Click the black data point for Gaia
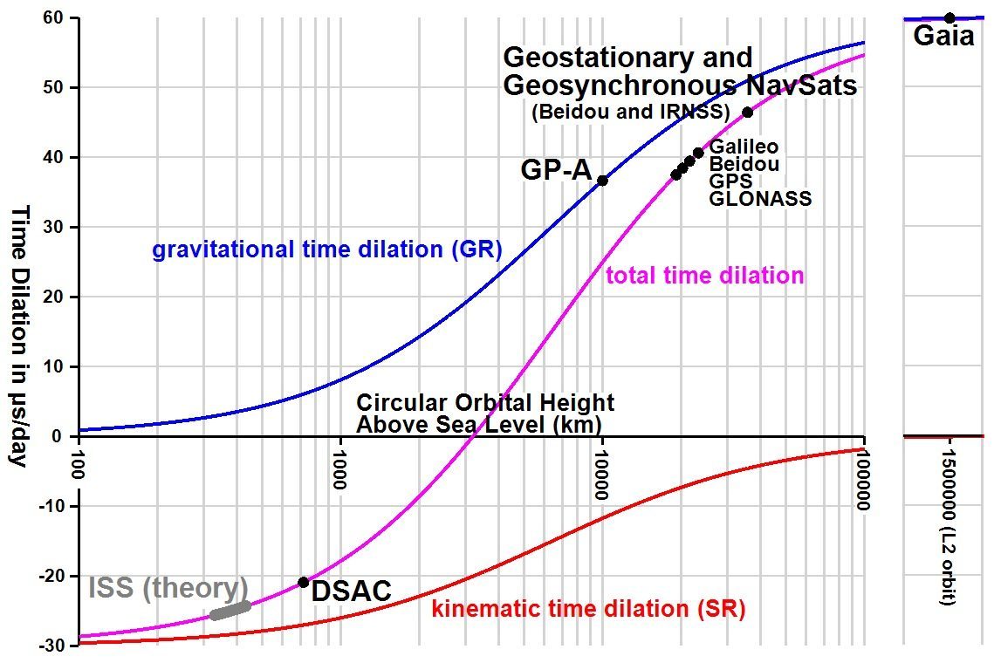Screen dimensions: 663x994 [949, 17]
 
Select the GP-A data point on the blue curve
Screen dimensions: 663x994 [602, 180]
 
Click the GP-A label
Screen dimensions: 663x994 [557, 171]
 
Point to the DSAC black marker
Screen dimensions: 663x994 [303, 582]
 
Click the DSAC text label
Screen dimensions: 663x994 [351, 591]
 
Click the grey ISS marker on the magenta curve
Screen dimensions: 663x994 [230, 610]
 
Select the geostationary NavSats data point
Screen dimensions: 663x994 [747, 112]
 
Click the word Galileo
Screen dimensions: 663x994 [744, 147]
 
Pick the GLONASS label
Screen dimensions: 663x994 [760, 199]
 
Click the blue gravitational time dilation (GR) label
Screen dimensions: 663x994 [327, 250]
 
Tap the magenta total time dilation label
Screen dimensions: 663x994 [704, 276]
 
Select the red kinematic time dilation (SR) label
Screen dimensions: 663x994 [588, 609]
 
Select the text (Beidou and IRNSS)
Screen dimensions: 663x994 [630, 112]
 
